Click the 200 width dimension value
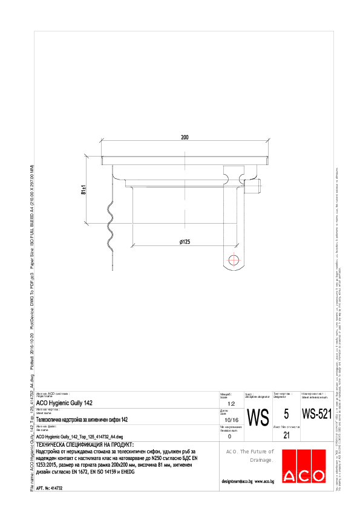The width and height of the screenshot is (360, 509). tap(185, 138)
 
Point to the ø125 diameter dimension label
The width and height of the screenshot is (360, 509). tap(185, 242)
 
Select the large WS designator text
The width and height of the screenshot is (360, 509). tap(258, 417)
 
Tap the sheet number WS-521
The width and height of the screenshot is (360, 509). tap(316, 415)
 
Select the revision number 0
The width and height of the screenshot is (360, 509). tap(229, 436)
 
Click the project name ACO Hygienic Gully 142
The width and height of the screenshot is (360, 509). tap(65, 403)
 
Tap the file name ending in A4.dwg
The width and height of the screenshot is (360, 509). tap(80, 436)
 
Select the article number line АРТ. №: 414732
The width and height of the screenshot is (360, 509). tap(50, 487)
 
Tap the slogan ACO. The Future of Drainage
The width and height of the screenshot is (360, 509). tap(250, 456)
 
